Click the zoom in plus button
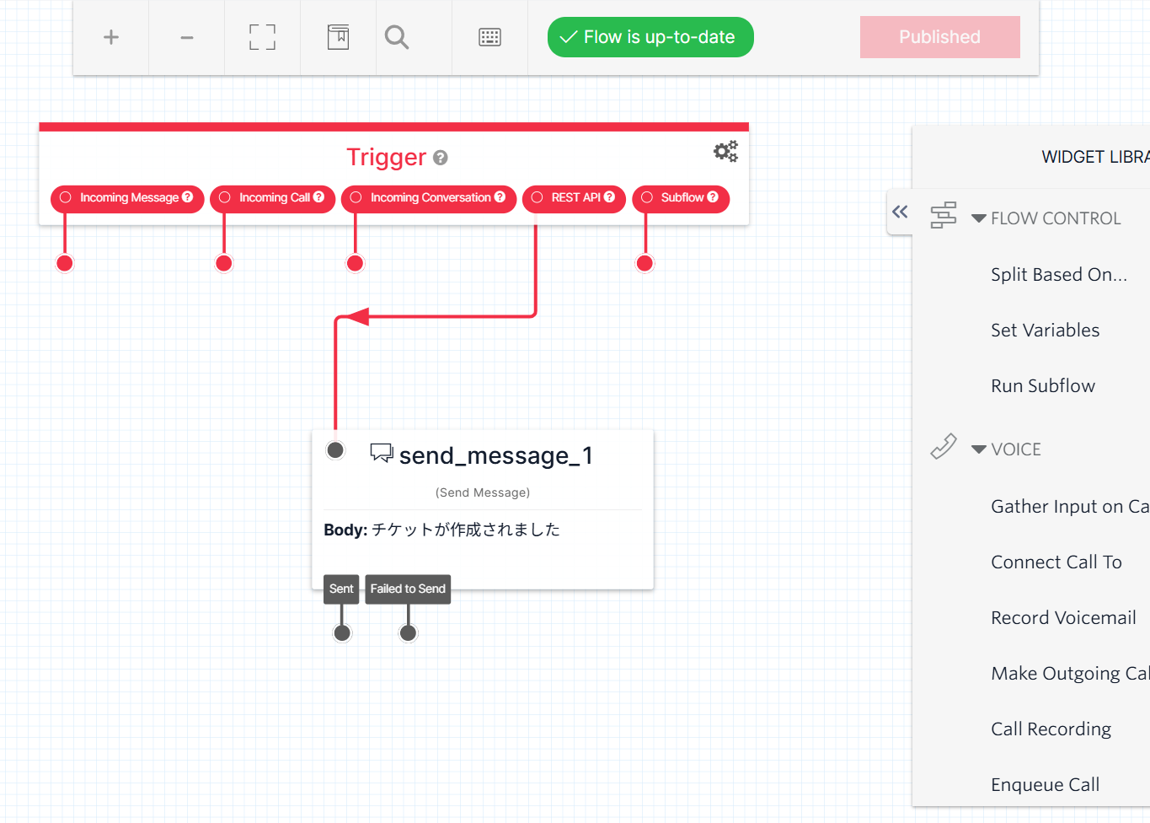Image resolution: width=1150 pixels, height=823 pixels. [x=111, y=37]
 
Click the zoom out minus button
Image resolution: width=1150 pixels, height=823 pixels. [x=187, y=37]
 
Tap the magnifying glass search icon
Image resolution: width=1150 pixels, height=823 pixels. [x=397, y=37]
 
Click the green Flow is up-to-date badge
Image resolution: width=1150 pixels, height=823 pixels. [x=650, y=37]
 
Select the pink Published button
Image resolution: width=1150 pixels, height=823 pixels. [x=939, y=37]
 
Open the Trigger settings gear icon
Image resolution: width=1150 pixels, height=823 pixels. [x=725, y=152]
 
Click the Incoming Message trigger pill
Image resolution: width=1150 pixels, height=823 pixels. [x=127, y=198]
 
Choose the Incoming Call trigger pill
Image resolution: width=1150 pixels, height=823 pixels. [x=273, y=198]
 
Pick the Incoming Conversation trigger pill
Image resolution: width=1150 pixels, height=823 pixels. [x=429, y=198]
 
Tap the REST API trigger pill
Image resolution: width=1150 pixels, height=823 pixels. [x=575, y=198]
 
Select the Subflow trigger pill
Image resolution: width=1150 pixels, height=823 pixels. [x=681, y=198]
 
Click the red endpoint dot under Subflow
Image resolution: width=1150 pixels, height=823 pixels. [x=645, y=263]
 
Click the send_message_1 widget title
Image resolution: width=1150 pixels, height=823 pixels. [x=495, y=455]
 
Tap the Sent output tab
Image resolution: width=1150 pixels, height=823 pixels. [x=341, y=589]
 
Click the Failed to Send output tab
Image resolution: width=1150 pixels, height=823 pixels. [x=408, y=589]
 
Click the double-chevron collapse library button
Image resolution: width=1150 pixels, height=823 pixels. [x=900, y=212]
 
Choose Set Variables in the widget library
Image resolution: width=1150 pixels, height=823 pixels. [x=1045, y=331]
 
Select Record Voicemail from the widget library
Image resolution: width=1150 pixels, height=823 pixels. [x=1063, y=618]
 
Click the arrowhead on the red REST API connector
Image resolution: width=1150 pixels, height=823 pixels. [x=358, y=317]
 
